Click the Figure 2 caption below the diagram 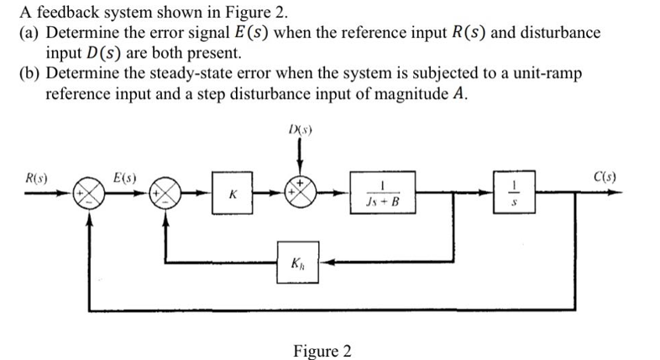tap(322, 350)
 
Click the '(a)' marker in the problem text tap(30, 33)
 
